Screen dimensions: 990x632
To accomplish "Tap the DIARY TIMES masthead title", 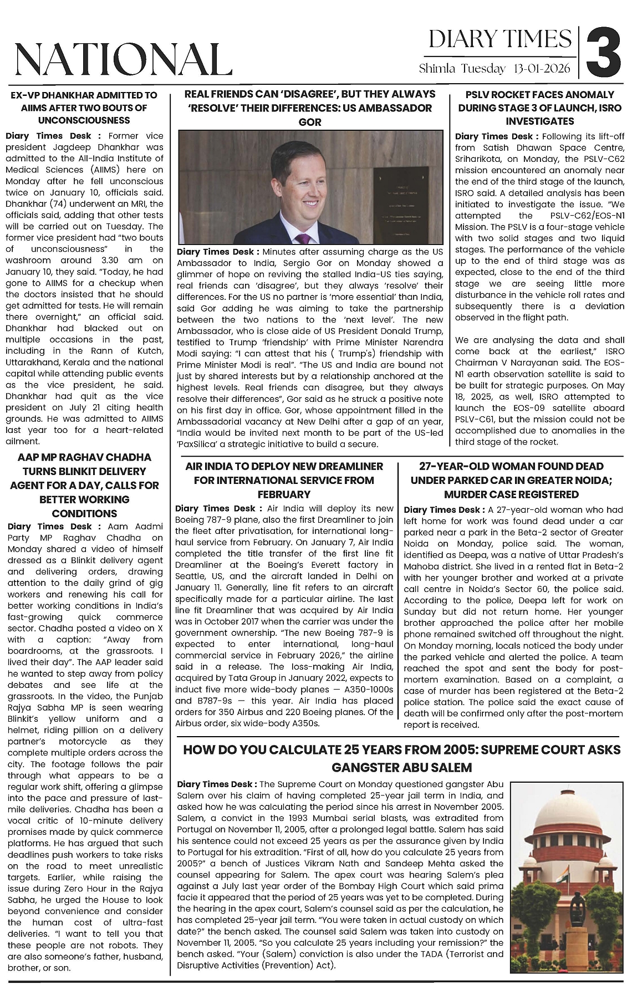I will tap(500, 39).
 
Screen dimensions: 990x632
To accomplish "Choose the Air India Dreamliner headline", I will tap(284, 480).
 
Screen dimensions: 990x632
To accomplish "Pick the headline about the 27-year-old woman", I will tap(511, 480).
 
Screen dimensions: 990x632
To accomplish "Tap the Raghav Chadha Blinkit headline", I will tap(84, 485).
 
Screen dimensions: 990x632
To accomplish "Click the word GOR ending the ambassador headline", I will tap(310, 122).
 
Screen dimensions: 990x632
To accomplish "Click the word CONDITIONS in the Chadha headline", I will tap(84, 513).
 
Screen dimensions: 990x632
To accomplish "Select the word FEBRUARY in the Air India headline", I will tap(284, 494).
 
